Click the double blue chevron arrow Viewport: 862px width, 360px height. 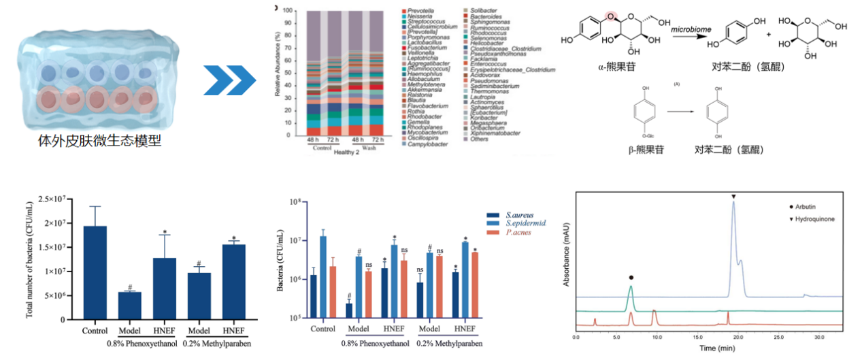click(230, 82)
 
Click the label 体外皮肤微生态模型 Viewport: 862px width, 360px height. click(100, 142)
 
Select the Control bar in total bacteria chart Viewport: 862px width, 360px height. click(95, 272)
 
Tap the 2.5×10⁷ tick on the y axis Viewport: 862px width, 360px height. click(57, 199)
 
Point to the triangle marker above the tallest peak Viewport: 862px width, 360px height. click(733, 197)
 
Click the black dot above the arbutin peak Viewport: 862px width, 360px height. click(631, 278)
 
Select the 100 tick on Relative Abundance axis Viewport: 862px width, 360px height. click(287, 12)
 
